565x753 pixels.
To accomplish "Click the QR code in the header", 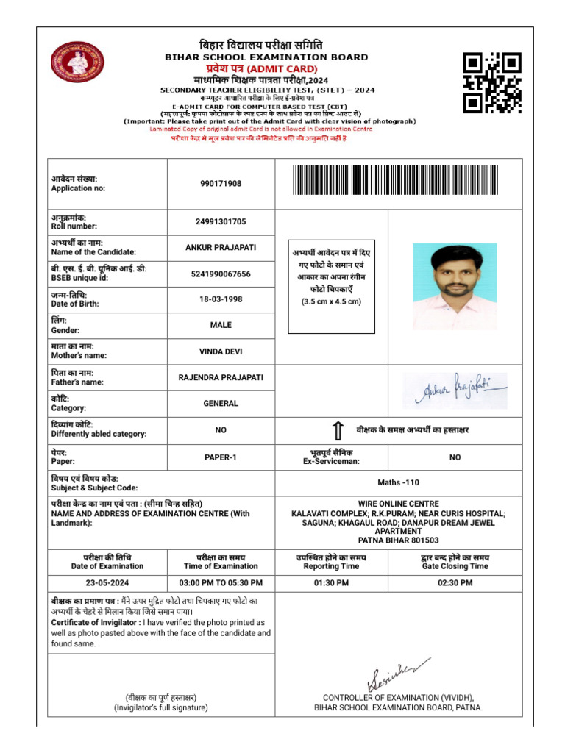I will pyautogui.click(x=492, y=83).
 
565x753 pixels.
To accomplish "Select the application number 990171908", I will pyautogui.click(x=221, y=184).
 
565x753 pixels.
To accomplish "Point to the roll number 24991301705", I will pyautogui.click(x=221, y=221).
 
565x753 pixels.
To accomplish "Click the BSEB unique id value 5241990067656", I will pyautogui.click(x=221, y=274).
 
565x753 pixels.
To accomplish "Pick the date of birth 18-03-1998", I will pyautogui.click(x=221, y=299).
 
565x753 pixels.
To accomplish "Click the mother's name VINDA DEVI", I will pyautogui.click(x=221, y=351).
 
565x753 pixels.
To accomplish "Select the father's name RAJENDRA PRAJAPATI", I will pyautogui.click(x=221, y=378).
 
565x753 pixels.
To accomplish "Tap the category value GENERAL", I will pyautogui.click(x=221, y=404).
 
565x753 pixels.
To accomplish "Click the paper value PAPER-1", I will pyautogui.click(x=221, y=457).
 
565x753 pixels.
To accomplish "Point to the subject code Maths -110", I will pyautogui.click(x=398, y=482).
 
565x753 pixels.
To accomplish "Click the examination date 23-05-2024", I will pyautogui.click(x=107, y=582).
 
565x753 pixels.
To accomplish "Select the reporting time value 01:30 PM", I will pyautogui.click(x=331, y=582).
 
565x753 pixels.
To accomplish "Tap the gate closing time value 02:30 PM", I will pyautogui.click(x=455, y=582).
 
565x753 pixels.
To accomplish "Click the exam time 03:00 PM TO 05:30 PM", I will pyautogui.click(x=221, y=582).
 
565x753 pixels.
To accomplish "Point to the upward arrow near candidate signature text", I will pyautogui.click(x=338, y=430).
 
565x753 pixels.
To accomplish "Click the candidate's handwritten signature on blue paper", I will pyautogui.click(x=455, y=390).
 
